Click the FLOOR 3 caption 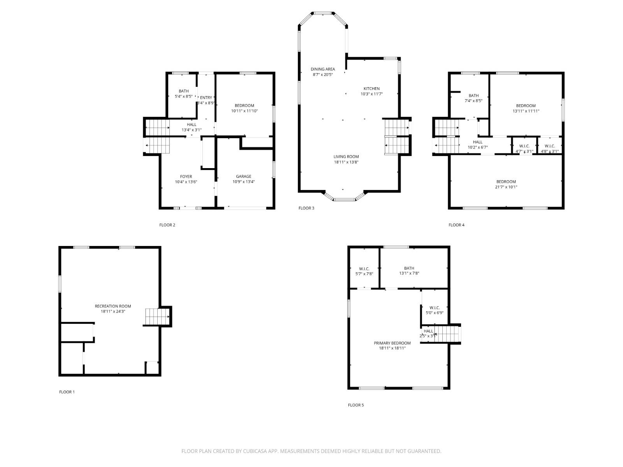[306, 208]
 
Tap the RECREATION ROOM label [113, 306]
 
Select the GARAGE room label [243, 177]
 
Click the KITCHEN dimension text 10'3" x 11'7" [371, 94]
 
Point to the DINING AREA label [323, 69]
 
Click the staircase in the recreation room [157, 316]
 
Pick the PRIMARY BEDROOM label [392, 343]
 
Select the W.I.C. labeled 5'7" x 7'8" [364, 271]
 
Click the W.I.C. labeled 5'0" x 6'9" [435, 310]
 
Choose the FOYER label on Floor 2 [186, 177]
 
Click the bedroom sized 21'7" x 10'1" [506, 184]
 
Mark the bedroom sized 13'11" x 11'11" [526, 108]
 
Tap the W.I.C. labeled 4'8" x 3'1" [549, 149]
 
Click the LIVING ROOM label [346, 157]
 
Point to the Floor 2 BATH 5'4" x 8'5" [183, 93]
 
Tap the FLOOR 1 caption [67, 392]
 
